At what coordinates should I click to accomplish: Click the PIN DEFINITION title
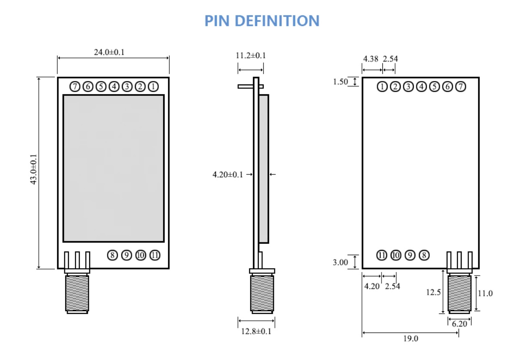click(x=262, y=20)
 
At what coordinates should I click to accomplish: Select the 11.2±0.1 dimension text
click(x=251, y=55)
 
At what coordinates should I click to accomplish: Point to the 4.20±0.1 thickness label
click(x=228, y=175)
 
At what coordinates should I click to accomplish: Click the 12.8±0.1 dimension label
click(x=256, y=331)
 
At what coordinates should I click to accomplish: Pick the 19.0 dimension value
click(x=410, y=339)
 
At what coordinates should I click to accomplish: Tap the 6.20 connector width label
click(x=459, y=324)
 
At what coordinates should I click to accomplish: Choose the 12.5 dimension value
click(x=433, y=293)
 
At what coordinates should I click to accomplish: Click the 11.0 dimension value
click(x=485, y=293)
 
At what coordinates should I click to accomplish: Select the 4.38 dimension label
click(x=371, y=59)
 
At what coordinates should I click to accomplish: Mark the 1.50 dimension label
click(x=341, y=81)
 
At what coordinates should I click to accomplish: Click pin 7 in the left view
click(x=75, y=87)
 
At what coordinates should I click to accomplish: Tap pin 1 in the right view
click(x=382, y=87)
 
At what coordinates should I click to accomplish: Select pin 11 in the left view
click(x=155, y=255)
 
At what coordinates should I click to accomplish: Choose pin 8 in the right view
click(x=424, y=255)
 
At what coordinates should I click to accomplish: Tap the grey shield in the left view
click(x=114, y=168)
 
